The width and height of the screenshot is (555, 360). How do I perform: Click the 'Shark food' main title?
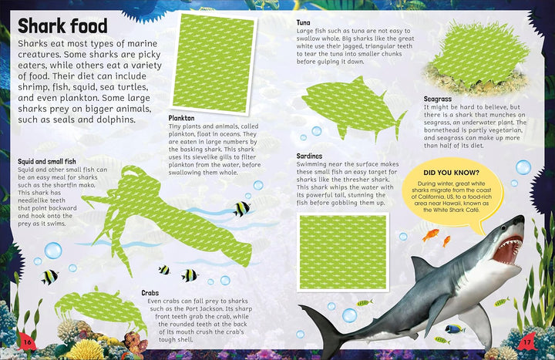click(x=62, y=26)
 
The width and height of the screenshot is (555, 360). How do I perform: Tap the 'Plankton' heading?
click(x=181, y=118)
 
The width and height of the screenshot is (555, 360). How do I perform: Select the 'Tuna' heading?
click(x=304, y=22)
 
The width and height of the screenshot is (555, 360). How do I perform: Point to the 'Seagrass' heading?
click(x=438, y=99)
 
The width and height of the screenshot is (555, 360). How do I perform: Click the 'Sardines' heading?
click(x=309, y=156)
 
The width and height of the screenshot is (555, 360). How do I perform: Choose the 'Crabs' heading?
click(x=150, y=293)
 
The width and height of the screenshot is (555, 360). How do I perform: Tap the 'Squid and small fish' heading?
click(x=47, y=161)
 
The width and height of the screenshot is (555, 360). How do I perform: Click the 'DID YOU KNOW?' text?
click(x=451, y=173)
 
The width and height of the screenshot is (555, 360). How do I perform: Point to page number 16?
click(x=27, y=342)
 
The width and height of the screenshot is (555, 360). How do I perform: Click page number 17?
click(x=527, y=342)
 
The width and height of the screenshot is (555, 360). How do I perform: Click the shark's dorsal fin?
click(x=421, y=268)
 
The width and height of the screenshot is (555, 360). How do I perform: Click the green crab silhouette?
click(x=101, y=308)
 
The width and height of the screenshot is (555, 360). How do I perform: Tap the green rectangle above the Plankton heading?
click(x=214, y=64)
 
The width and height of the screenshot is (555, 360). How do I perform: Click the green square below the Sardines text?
click(x=343, y=252)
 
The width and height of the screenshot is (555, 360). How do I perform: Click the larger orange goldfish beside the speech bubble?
click(x=430, y=234)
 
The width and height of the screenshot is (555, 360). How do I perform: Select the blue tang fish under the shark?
click(x=456, y=329)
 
